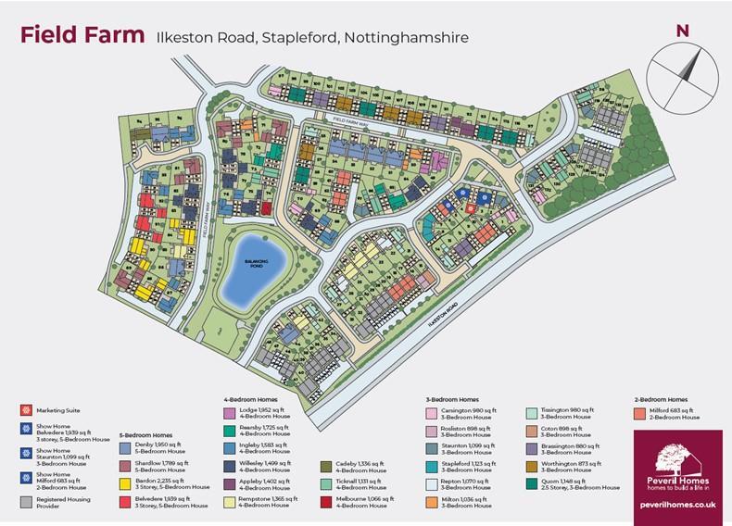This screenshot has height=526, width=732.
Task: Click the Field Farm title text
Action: coord(82,37)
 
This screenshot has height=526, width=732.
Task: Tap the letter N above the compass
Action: coord(683,31)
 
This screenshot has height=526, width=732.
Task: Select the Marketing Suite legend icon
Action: coord(25,408)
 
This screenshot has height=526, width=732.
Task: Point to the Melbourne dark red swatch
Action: coord(327,501)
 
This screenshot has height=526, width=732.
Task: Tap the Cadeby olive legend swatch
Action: coord(327,466)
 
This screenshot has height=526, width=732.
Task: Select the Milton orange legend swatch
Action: coord(432,501)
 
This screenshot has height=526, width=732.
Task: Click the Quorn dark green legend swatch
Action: coord(531,482)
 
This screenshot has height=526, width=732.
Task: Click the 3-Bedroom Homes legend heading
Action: coord(455,398)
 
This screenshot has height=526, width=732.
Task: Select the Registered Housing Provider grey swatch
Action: coord(25,501)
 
